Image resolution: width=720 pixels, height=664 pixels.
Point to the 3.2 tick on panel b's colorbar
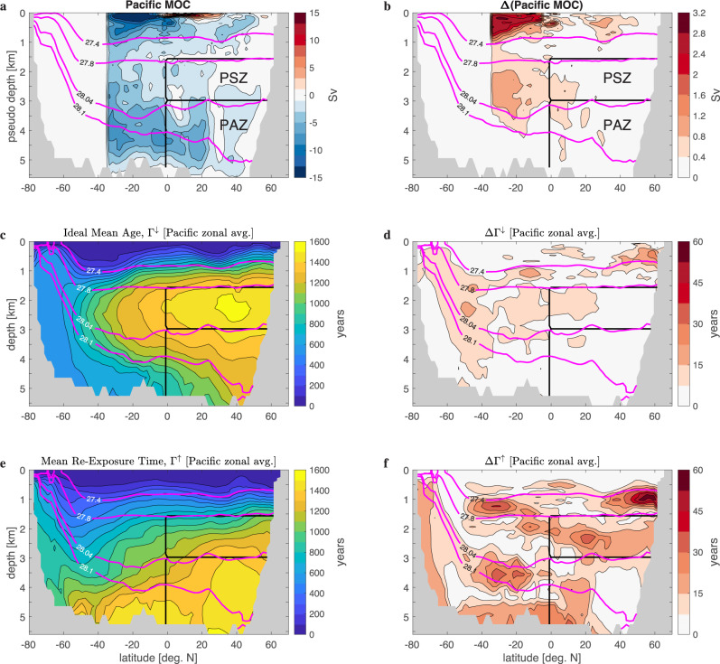697,14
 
